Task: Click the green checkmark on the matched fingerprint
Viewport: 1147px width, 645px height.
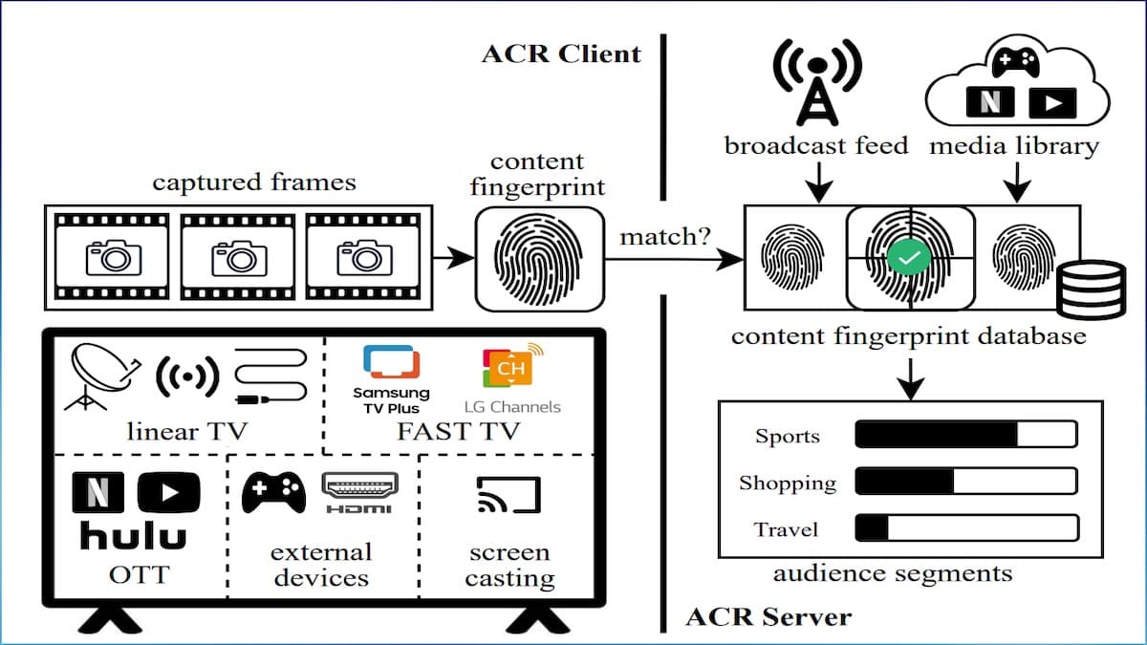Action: [909, 259]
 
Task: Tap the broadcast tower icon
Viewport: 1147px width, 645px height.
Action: [817, 84]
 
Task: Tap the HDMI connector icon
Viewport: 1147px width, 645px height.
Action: [359, 491]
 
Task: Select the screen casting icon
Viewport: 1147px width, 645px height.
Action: [508, 495]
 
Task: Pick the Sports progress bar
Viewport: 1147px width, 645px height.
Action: [965, 436]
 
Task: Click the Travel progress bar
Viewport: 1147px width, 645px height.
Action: [965, 528]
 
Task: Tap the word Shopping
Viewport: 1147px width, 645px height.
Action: [787, 483]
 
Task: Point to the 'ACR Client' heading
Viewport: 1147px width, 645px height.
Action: [561, 53]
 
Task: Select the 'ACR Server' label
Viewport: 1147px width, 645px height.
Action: [768, 616]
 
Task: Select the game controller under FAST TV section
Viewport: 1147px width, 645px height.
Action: [272, 492]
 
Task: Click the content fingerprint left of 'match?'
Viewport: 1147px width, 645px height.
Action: [539, 257]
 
